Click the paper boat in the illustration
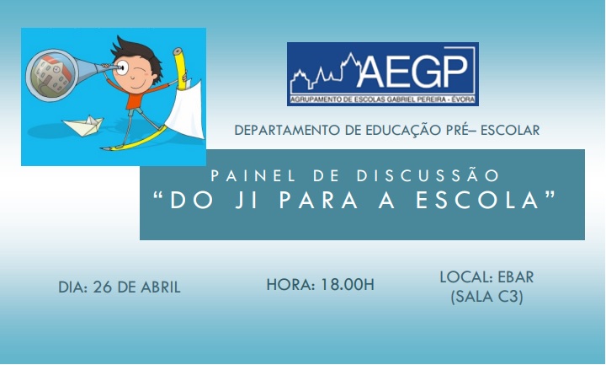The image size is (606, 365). tap(83, 126)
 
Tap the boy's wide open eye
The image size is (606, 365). tap(122, 67)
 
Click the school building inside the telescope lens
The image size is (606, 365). tap(50, 75)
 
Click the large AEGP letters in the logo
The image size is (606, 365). tap(414, 71)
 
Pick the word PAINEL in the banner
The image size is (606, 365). tap(253, 175)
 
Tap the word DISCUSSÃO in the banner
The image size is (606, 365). tap(428, 175)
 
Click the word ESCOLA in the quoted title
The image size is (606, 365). tap(478, 200)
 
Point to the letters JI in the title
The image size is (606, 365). tap(247, 200)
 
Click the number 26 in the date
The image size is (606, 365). tap(103, 287)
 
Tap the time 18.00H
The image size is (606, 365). tap(348, 284)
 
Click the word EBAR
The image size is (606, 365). tap(516, 277)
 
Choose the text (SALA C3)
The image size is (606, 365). tap(487, 297)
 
